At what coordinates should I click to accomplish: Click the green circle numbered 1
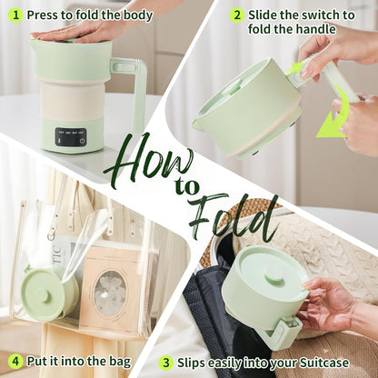[15, 15]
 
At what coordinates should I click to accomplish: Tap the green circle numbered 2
[236, 15]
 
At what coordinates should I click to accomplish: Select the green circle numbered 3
[166, 362]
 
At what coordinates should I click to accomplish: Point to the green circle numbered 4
[15, 362]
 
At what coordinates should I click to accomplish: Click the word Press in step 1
[45, 15]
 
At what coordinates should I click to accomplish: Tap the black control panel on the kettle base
[71, 138]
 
